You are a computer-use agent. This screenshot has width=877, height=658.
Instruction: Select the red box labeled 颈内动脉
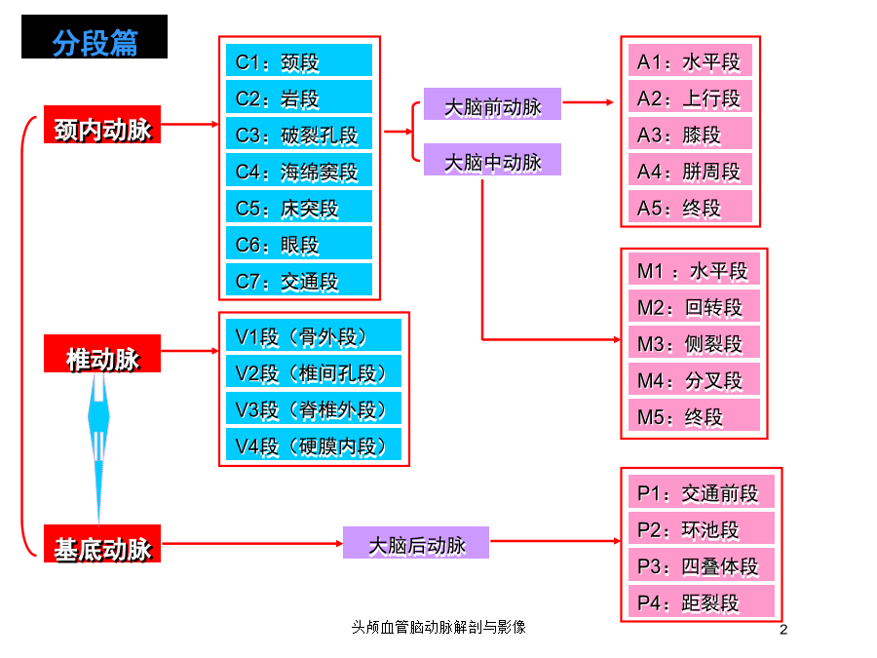[102, 124]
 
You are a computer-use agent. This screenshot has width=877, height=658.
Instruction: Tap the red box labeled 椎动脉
[102, 354]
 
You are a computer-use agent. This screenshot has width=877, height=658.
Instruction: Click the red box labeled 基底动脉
[102, 544]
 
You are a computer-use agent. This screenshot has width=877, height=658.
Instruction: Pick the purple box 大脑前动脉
[492, 104]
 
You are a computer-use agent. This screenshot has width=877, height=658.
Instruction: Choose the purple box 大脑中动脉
[492, 160]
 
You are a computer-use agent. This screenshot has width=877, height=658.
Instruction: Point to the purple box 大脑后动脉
[416, 543]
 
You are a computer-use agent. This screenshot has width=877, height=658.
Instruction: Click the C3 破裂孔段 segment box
[299, 134]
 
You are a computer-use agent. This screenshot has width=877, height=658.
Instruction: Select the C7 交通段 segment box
[299, 279]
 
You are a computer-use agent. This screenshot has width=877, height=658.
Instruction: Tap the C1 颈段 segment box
[299, 59]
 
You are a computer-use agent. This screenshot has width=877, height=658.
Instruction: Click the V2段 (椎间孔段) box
[314, 371]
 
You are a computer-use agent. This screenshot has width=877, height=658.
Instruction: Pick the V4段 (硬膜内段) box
[314, 445]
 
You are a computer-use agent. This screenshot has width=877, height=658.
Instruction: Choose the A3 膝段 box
[690, 134]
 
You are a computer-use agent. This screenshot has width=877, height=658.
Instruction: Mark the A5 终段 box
[690, 207]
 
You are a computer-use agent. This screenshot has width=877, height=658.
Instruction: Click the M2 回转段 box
[694, 305]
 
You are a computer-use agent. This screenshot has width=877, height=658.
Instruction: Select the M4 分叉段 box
[694, 379]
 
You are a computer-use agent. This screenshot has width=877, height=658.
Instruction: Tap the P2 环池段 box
[702, 527]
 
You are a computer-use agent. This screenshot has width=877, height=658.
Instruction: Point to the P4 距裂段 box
[702, 600]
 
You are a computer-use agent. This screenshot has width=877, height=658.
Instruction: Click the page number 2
[783, 630]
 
